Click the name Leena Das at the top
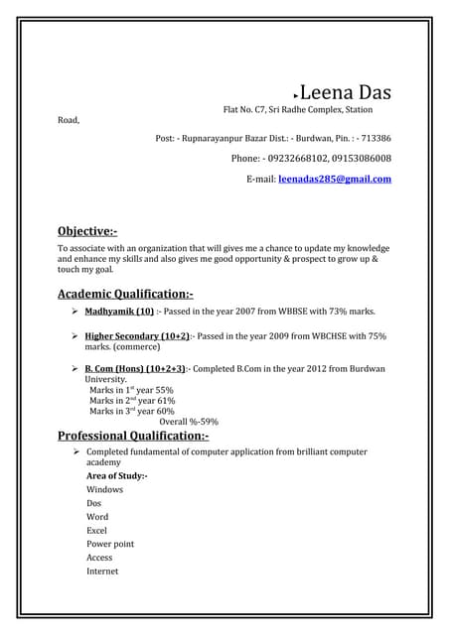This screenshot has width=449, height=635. (x=345, y=93)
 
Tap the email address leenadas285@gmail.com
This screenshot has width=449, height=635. (x=335, y=179)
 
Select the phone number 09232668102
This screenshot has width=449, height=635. (x=297, y=159)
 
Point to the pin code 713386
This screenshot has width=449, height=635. (x=374, y=139)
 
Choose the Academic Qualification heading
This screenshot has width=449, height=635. (x=125, y=294)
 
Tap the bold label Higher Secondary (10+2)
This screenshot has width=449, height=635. (x=137, y=336)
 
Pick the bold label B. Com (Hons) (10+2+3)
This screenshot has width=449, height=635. (x=135, y=368)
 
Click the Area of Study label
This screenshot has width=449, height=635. (x=117, y=476)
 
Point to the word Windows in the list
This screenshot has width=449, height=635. (x=105, y=489)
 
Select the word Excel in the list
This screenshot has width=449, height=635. (x=98, y=530)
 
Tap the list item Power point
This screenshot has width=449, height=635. (x=110, y=544)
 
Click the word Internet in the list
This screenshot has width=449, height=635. (x=102, y=571)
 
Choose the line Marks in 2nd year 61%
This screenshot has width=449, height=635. (x=132, y=400)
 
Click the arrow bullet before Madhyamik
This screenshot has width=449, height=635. (x=75, y=311)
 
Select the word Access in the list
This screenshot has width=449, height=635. (x=99, y=558)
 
